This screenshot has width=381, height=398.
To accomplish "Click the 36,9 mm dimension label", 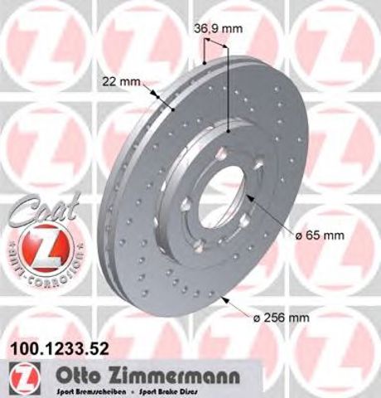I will click(219, 29).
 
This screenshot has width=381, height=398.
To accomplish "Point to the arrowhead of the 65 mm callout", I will click(249, 197).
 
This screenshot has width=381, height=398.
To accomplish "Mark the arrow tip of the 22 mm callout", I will click(173, 109).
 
